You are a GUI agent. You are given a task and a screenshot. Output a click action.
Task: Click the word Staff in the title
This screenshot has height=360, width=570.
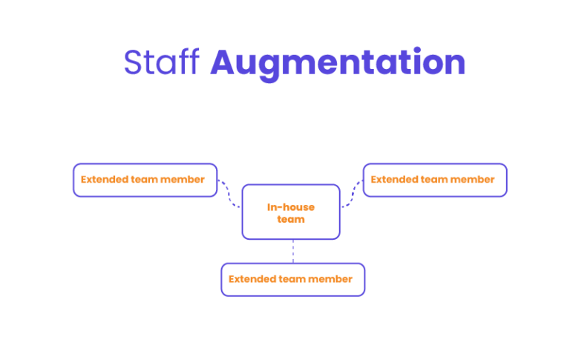pos(162,63)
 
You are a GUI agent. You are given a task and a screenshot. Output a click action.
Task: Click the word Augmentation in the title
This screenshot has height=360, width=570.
pos(338,64)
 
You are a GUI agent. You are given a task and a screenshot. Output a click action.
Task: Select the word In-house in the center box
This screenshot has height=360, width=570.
pos(291,207)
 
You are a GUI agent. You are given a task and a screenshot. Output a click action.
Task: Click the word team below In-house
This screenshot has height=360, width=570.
pos(291,220)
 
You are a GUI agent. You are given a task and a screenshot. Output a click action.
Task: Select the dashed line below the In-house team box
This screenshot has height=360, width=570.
pos(292,252)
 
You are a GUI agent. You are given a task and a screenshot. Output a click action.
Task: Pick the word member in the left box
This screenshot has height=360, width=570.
pos(182,180)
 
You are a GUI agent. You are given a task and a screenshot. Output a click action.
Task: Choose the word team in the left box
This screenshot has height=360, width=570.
pos(144,180)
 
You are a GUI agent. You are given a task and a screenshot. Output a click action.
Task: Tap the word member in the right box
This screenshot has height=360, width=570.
pos(472,180)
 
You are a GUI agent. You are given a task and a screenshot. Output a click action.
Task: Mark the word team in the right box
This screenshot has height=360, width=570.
pos(433,180)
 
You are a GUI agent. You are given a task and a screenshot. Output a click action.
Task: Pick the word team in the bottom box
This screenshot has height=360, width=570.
pos(292,279)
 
